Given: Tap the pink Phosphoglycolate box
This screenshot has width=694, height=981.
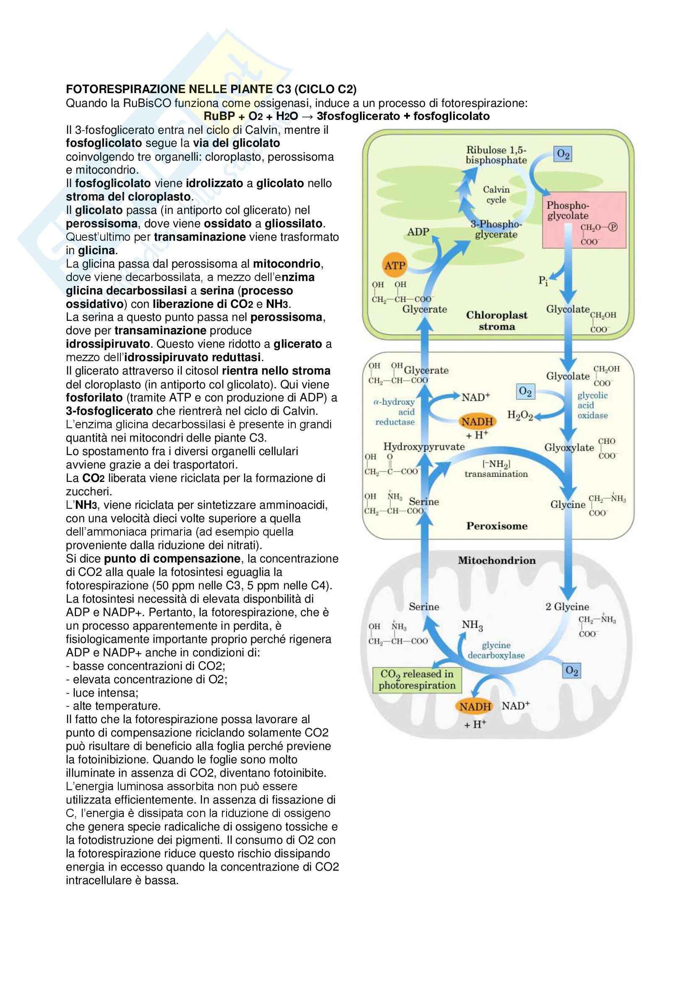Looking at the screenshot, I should tap(584, 220).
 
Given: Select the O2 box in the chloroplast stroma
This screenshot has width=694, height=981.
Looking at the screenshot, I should tap(563, 154).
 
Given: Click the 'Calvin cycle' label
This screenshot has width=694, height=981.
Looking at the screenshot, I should tap(496, 195).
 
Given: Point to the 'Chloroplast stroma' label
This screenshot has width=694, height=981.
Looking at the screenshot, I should tap(496, 320).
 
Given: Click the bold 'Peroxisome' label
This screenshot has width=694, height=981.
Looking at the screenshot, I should tap(496, 526).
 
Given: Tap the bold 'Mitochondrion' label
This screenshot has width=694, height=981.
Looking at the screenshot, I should tap(496, 560).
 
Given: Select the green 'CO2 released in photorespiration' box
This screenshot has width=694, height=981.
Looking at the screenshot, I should tap(417, 679).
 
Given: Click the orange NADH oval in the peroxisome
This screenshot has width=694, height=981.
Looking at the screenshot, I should tap(477, 422).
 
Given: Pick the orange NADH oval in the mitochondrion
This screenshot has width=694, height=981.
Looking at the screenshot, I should tap(475, 707).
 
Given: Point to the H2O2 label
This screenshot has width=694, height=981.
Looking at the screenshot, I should tap(519, 415).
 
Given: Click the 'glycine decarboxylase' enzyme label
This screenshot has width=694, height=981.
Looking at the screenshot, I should tap(496, 650).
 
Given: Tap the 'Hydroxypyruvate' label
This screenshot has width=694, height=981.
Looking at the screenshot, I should tap(424, 447).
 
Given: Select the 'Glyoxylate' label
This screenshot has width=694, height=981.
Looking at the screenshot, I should tap(569, 448).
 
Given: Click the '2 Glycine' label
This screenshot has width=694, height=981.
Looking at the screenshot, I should tap(567, 607).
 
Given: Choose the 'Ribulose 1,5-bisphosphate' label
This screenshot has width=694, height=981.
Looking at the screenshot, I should tap(496, 155).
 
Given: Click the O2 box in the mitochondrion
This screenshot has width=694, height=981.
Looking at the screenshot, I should tap(571, 670).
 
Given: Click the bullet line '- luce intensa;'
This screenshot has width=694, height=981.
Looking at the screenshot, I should tap(102, 692).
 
